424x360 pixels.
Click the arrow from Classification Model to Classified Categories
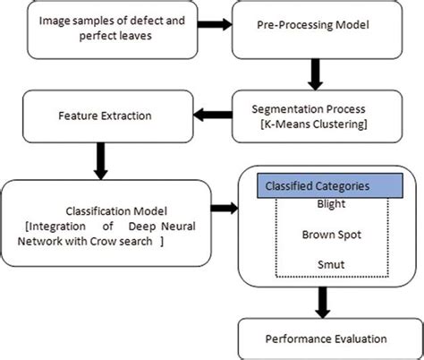pyautogui.click(x=227, y=209)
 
